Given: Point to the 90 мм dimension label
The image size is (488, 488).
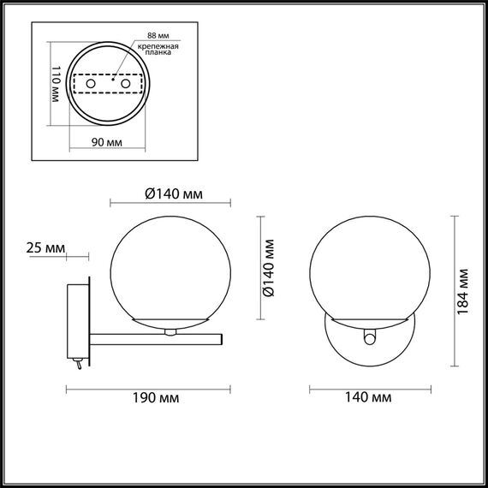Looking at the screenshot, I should click(x=105, y=141).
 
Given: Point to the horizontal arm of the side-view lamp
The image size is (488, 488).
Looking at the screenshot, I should click(x=154, y=335).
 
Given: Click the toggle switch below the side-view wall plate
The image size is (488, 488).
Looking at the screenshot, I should click(x=79, y=366).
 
